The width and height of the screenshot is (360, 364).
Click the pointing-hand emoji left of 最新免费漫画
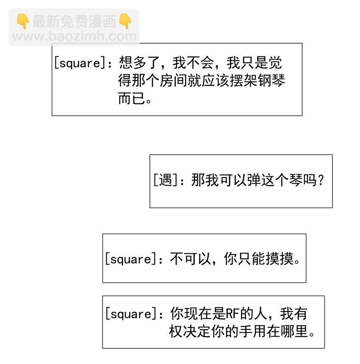tap(23, 21)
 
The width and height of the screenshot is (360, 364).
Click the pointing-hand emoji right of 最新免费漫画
tap(125, 21)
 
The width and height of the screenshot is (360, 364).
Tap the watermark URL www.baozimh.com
tap(75, 36)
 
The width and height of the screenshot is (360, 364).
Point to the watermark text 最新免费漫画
tap(74, 21)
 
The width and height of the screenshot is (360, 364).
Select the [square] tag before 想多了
tap(79, 63)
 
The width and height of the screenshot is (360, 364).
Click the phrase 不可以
tap(190, 258)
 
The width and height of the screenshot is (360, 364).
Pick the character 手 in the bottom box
tap(244, 331)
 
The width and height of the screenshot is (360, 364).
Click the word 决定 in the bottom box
tap(197, 331)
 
